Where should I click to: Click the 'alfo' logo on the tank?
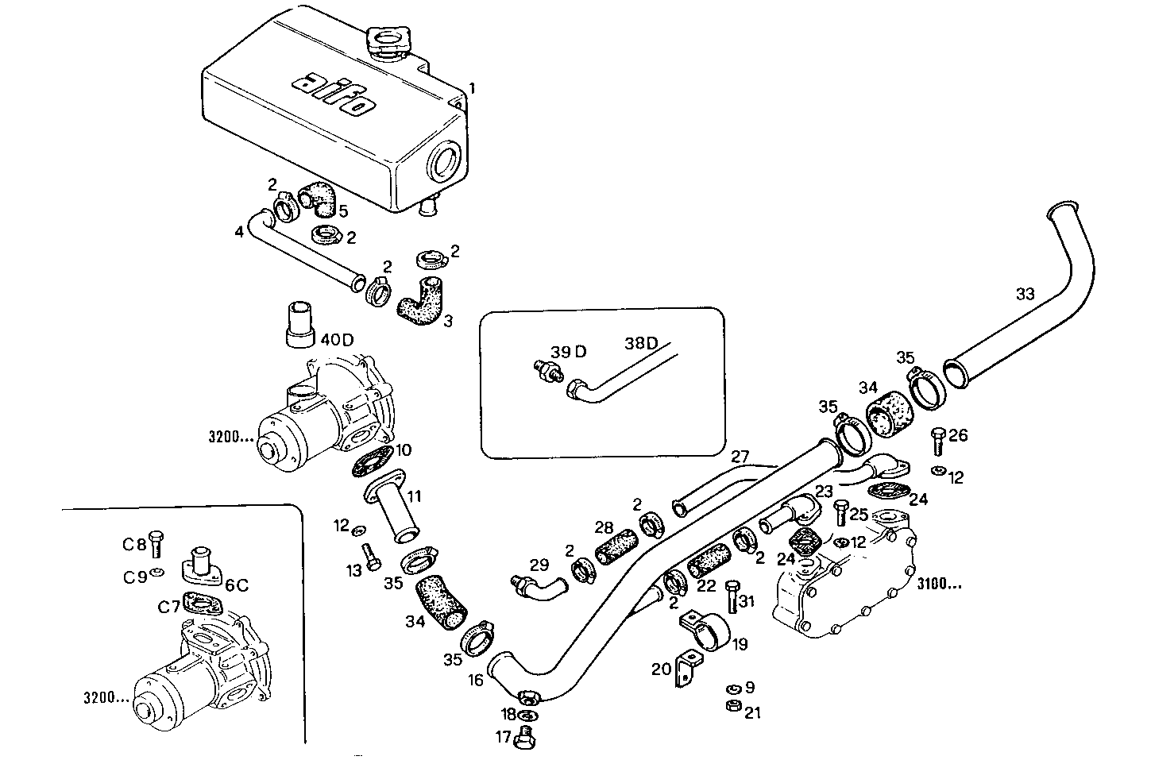(334, 94)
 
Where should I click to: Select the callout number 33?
(1025, 294)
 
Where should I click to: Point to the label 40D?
(337, 339)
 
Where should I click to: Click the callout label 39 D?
(569, 352)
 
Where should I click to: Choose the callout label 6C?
(237, 584)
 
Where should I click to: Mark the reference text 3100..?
(939, 585)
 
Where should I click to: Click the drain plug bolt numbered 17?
(525, 738)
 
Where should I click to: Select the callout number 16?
(475, 680)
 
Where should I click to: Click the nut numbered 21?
(733, 707)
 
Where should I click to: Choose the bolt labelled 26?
(937, 439)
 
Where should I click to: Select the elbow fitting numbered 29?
(537, 587)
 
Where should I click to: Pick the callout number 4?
(238, 233)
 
